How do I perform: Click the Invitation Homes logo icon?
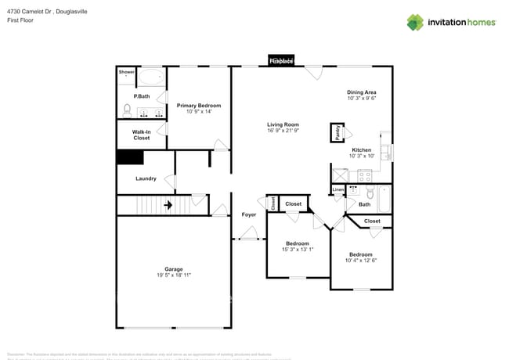click(415, 22)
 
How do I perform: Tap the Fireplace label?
click(281, 61)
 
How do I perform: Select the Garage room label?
click(173, 269)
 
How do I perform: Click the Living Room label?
click(283, 124)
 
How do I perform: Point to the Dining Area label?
click(362, 92)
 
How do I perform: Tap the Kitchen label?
click(361, 149)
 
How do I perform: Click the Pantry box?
click(338, 134)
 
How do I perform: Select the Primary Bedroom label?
click(198, 106)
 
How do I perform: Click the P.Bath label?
click(142, 96)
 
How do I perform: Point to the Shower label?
click(126, 72)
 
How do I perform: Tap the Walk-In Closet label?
click(141, 135)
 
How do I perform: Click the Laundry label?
click(146, 178)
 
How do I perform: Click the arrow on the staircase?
click(168, 206)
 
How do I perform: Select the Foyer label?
click(249, 214)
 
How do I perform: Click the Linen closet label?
click(338, 189)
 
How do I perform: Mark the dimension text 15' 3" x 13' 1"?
click(298, 250)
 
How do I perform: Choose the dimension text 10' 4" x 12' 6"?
click(360, 261)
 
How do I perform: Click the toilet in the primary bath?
click(128, 109)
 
